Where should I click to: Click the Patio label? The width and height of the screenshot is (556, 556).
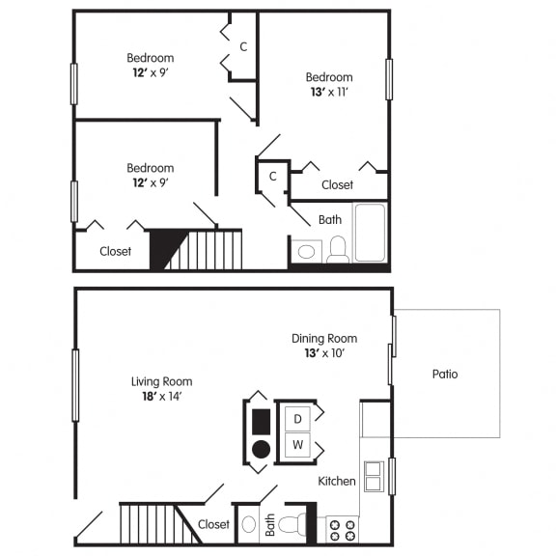[445, 374]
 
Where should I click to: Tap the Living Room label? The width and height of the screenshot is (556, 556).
[162, 381]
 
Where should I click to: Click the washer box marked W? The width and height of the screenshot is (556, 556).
[297, 446]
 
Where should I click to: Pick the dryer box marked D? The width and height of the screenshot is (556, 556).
[297, 418]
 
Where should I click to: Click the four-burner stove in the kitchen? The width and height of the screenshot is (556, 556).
[342, 530]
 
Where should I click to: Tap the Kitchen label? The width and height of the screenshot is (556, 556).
[337, 481]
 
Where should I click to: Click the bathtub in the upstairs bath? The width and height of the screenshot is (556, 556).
[370, 233]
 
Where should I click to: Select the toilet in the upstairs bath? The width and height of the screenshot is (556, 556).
[337, 249]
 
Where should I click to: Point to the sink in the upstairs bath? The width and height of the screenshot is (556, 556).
[306, 251]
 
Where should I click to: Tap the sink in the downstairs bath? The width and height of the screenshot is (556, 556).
[248, 525]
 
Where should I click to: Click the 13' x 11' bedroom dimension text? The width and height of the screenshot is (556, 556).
[329, 93]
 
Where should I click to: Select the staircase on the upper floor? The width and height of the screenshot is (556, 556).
[203, 250]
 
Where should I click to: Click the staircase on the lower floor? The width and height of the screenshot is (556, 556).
[150, 524]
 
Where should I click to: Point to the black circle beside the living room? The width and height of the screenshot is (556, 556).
[261, 449]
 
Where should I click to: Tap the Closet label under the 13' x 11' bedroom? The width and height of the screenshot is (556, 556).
[337, 184]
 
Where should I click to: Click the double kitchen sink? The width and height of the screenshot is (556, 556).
[374, 476]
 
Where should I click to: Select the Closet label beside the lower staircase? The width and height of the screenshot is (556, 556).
[213, 524]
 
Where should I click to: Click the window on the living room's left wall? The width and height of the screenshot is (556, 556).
[75, 385]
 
